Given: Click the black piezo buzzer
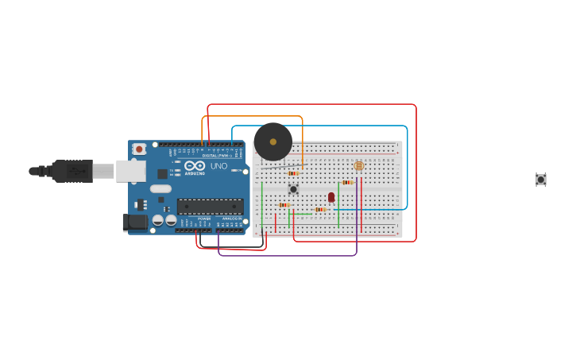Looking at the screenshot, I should pos(273,142).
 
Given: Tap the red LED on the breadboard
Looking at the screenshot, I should pos(331,197).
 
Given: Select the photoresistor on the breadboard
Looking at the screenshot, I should pos(358,166).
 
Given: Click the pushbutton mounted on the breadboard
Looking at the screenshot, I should pos(293,189).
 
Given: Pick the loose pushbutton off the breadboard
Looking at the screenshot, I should pos(540,180).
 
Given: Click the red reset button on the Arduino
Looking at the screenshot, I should pos(139,149).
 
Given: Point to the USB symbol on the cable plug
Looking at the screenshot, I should pos(77,170).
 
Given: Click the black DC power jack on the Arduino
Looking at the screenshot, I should pos(134,223).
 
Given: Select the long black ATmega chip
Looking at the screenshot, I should pos(210,207).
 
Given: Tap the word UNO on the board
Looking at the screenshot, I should pos(218,166).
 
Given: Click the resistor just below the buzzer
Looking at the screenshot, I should pos(293,173).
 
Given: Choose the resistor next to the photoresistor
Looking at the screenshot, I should pos(347,182).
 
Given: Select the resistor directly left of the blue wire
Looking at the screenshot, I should pos(321,210).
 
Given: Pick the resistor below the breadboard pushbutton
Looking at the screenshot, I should pos(284,205).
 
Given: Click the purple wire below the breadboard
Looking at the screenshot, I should pos(286,255).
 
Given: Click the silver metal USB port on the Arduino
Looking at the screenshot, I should pos(130,171).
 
